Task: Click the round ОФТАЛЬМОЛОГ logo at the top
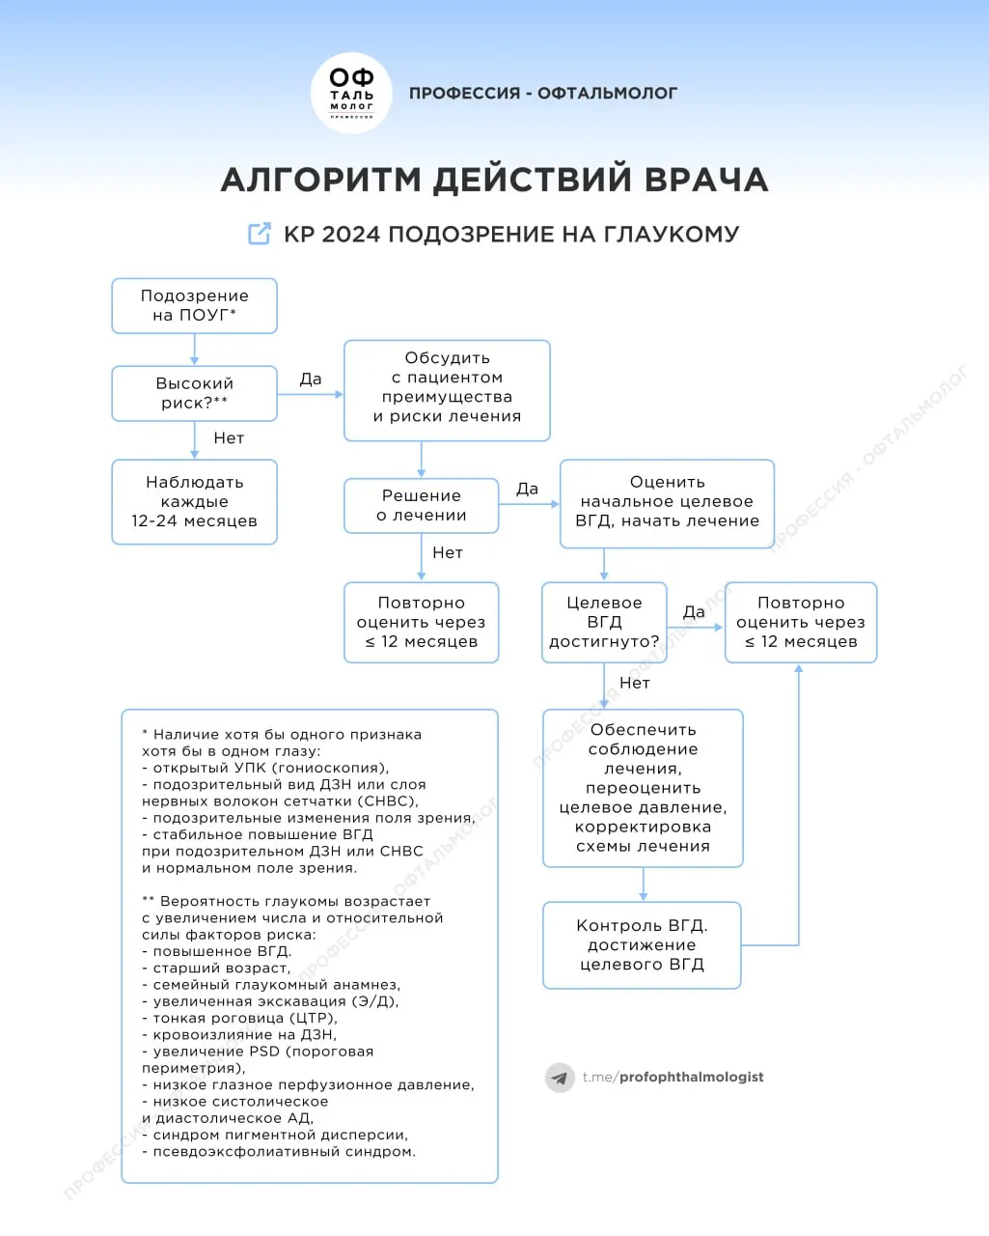coord(351,94)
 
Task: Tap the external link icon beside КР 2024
coord(260,234)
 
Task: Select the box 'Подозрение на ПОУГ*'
coord(194,305)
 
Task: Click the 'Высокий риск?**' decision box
coord(194,393)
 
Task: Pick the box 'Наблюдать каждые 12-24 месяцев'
coord(194,501)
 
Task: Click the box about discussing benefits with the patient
coord(447,389)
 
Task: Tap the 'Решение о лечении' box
coord(421,505)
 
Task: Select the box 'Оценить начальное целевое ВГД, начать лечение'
coord(667,502)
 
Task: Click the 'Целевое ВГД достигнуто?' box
coord(604,622)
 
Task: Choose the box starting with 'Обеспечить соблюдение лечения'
coord(643,788)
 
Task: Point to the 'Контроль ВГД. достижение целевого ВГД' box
coord(642,944)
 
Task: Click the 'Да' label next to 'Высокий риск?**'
coord(311,379)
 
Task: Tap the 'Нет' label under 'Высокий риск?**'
coord(229,438)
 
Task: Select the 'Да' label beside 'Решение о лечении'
coord(527,490)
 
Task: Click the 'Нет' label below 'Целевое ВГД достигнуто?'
coord(635,683)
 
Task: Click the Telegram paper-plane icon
coord(560,1078)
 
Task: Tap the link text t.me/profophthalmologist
coord(673,1077)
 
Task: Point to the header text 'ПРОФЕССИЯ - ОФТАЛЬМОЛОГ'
coord(543,94)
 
